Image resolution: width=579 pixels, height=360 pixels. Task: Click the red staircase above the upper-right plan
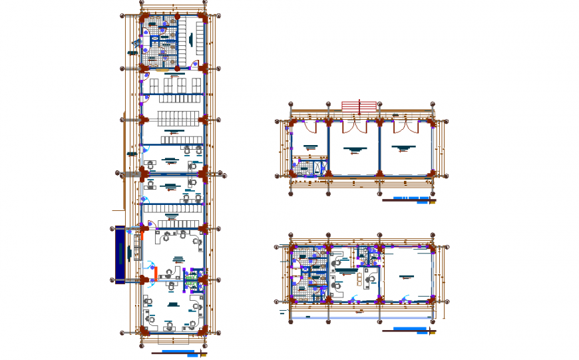[359, 106]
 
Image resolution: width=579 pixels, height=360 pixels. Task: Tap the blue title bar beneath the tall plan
[178, 351]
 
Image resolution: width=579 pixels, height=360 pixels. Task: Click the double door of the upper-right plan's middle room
[354, 126]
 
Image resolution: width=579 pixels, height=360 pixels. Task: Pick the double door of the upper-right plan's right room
[405, 126]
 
